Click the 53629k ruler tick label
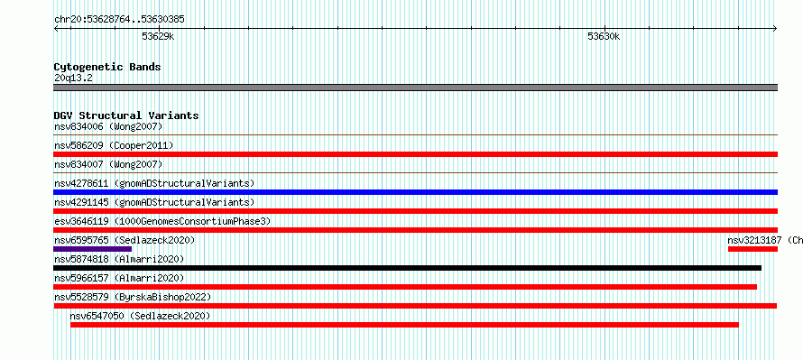(x=158, y=36)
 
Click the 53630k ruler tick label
(x=604, y=36)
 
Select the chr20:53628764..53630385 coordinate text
(x=119, y=20)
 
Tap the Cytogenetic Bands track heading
(x=107, y=67)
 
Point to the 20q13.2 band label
(x=73, y=78)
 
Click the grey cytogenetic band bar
(x=415, y=88)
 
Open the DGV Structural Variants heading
(x=126, y=115)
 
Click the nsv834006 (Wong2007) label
(x=108, y=126)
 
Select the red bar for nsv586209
(x=415, y=154)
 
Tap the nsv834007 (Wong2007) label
(x=108, y=164)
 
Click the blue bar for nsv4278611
(x=415, y=192)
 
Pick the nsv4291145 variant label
(x=154, y=202)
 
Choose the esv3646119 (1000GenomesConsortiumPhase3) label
(x=162, y=221)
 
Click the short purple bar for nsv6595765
(x=92, y=249)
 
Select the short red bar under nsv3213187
(x=752, y=249)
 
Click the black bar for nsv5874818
(x=407, y=268)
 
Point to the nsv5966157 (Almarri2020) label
(x=119, y=278)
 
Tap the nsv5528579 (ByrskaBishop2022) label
(x=133, y=297)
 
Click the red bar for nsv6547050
(x=404, y=325)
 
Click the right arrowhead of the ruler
(x=775, y=29)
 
